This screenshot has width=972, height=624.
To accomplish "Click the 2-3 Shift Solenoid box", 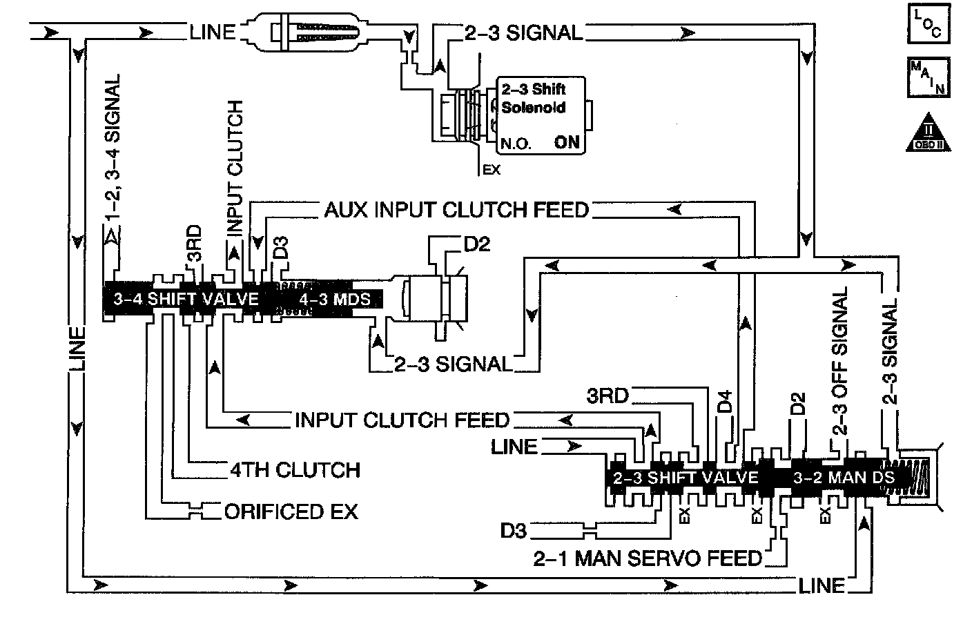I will coord(541,115).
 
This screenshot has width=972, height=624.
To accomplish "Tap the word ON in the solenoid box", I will coord(567,143).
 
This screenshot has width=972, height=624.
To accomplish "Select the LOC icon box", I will coord(929,24).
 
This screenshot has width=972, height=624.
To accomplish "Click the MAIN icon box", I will coord(929,77).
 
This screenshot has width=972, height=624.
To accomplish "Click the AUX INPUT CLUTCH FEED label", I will coord(456,210).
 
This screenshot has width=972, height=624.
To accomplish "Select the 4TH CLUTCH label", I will coord(295,470).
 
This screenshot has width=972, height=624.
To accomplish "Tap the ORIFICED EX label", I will coord(291,511).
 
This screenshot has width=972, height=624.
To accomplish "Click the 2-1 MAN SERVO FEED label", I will coord(648,558).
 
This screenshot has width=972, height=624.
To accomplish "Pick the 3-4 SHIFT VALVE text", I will coord(186,300).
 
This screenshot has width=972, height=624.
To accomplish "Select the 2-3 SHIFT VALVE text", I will coord(686,478).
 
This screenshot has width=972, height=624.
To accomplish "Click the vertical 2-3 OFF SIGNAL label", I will coord(839,362).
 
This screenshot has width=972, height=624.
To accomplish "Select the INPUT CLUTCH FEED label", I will coord(402,420).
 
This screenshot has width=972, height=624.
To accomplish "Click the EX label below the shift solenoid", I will coord(492,169).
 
